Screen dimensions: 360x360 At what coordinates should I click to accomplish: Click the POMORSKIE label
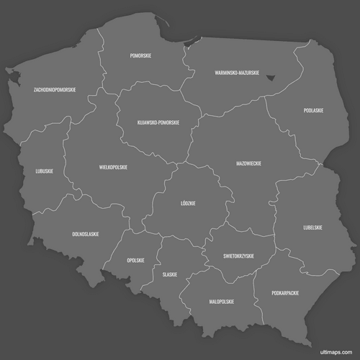pos(140,55)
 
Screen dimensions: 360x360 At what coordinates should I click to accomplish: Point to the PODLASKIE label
pos(313,110)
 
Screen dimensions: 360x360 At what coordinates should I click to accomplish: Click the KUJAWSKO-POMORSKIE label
pos(158,122)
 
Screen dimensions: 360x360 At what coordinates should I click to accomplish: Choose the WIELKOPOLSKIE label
pos(113,167)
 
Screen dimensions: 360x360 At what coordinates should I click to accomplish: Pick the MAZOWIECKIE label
pos(248,163)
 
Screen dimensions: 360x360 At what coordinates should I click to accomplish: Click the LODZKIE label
pos(189,203)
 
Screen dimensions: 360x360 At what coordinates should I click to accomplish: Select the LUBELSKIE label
pos(312,228)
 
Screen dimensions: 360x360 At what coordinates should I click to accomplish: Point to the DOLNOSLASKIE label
pos(86,234)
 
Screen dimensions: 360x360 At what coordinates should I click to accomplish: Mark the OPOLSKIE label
pos(135,260)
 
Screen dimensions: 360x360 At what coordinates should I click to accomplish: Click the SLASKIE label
pos(170,274)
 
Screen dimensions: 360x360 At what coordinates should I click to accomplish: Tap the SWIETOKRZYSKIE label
pos(238,256)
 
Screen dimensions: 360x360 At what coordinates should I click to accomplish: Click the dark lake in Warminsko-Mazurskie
pos(271,77)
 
